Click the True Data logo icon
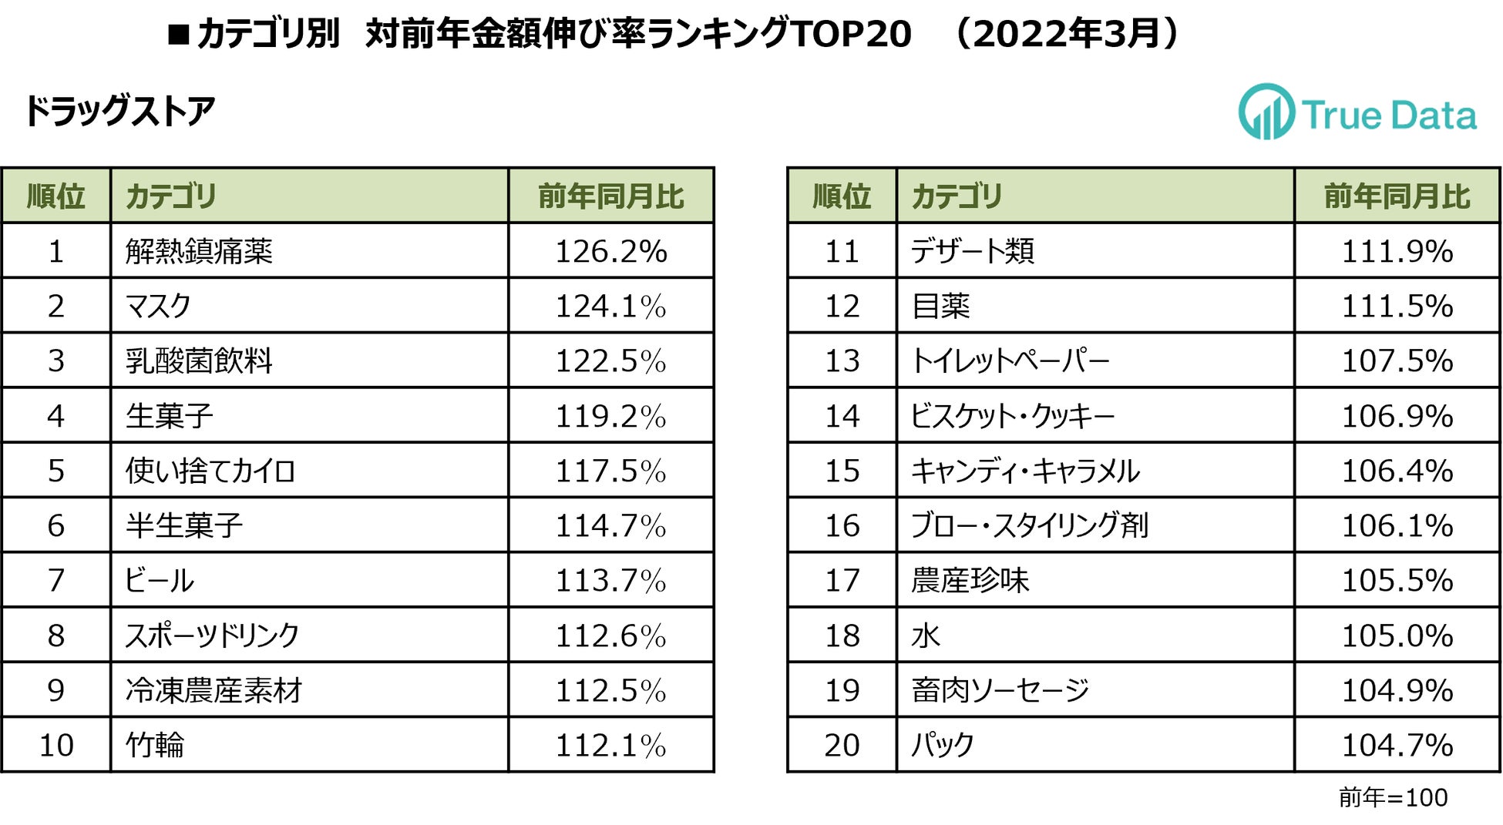[1266, 112]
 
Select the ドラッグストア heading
[119, 112]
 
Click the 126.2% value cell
[611, 251]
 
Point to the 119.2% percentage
[611, 416]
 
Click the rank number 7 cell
[55, 580]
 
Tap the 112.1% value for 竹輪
[611, 745]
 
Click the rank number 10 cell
[55, 745]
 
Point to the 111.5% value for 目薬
[1397, 307]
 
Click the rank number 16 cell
[842, 525]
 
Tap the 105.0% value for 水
[1397, 636]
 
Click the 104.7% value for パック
[1397, 745]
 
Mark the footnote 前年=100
[1393, 797]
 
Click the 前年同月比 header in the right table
[1397, 196]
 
